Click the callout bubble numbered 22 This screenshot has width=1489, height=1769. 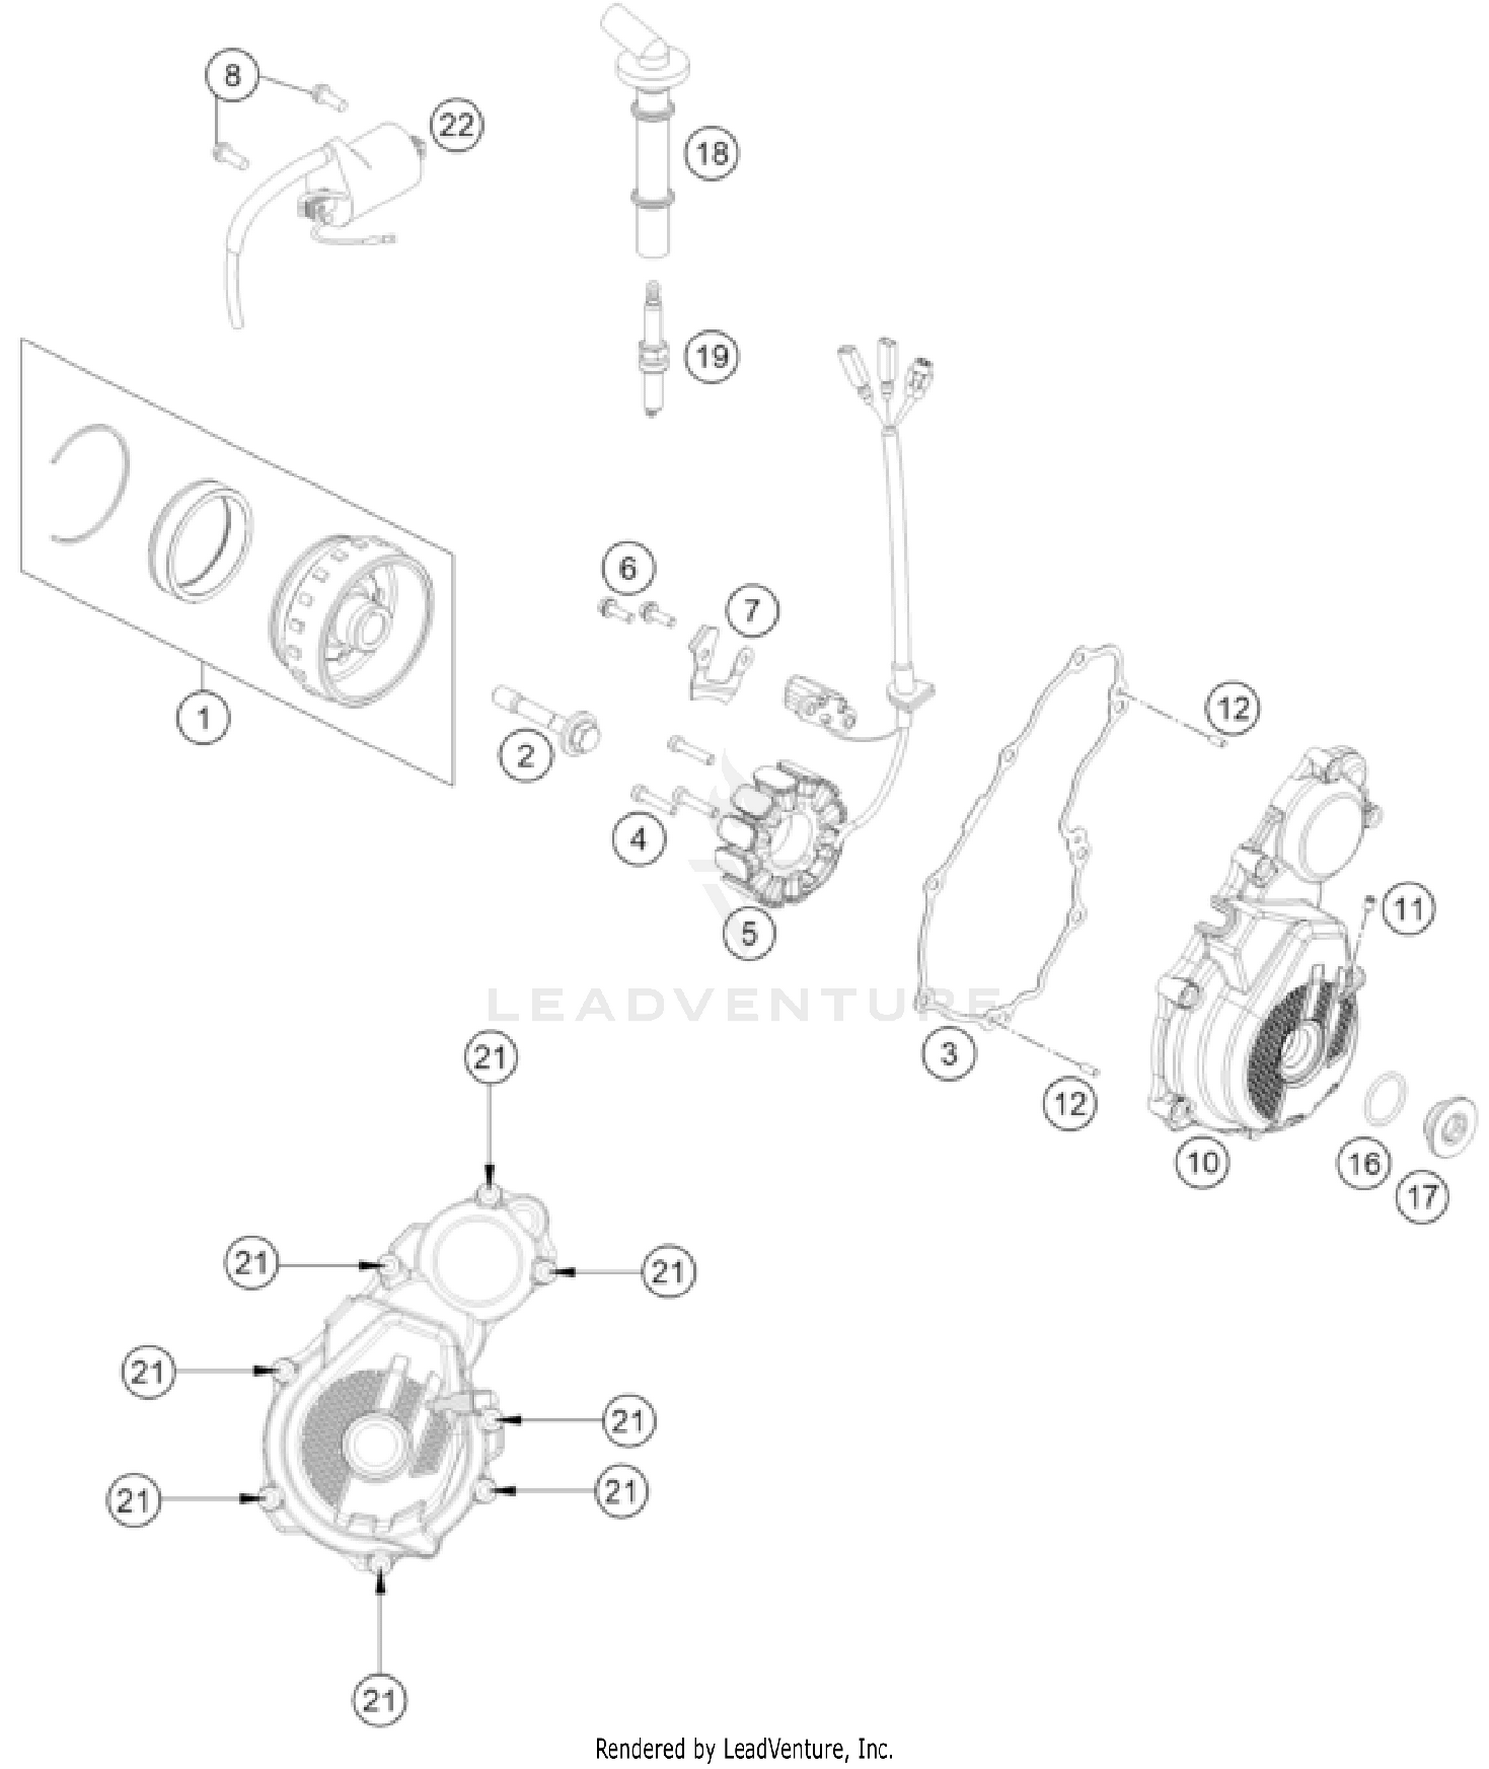[457, 125]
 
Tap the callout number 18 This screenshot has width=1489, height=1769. [712, 153]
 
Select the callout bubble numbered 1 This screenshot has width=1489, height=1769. [204, 716]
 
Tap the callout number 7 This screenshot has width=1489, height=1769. [751, 611]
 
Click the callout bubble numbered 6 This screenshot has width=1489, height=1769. [628, 568]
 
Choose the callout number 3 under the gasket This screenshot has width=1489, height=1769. [948, 1052]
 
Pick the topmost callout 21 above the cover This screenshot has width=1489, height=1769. [490, 1058]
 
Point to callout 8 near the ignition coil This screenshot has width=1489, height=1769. [232, 75]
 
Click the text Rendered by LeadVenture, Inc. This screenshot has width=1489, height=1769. [744, 1748]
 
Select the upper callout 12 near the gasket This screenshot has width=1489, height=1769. [1232, 708]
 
